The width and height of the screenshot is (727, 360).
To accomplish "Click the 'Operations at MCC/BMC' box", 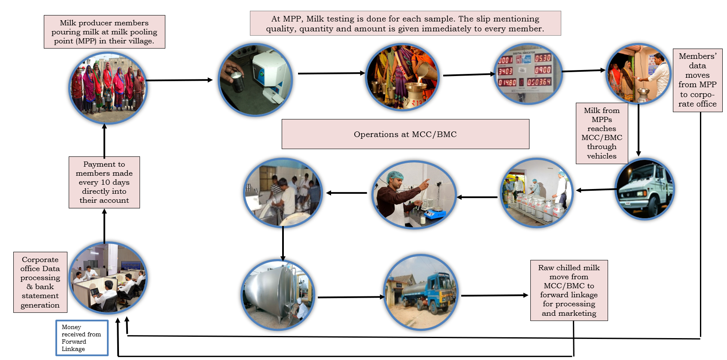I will (x=405, y=134).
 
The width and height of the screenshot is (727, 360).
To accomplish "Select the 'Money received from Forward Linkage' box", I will (x=82, y=338).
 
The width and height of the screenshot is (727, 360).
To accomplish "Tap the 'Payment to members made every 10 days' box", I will (x=104, y=182).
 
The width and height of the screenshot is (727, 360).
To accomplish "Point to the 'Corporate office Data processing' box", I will (x=40, y=282).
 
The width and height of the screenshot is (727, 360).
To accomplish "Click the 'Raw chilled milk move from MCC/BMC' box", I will (x=569, y=290).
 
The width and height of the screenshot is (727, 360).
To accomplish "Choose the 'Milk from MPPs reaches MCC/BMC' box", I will (x=602, y=133).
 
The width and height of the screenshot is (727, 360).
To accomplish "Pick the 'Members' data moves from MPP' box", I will (x=697, y=80).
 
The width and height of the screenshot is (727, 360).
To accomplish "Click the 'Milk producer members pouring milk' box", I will (x=104, y=32).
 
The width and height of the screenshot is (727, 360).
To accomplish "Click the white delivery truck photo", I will (x=645, y=189).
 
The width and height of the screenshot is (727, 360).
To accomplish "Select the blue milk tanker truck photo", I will (x=421, y=292).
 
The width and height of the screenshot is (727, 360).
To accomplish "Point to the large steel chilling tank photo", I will (x=278, y=295).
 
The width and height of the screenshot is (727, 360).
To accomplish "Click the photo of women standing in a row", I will (x=108, y=88).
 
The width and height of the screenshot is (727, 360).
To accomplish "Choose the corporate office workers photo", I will (x=108, y=278).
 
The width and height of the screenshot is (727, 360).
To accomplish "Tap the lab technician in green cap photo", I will (x=414, y=195).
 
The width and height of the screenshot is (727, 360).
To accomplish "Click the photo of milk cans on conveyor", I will (x=537, y=193).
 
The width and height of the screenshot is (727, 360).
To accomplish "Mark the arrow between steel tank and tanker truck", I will (x=350, y=297).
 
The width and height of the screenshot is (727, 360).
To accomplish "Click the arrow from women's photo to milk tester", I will (x=179, y=80).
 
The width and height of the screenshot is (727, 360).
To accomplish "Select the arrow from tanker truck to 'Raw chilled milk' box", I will (x=494, y=296).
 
